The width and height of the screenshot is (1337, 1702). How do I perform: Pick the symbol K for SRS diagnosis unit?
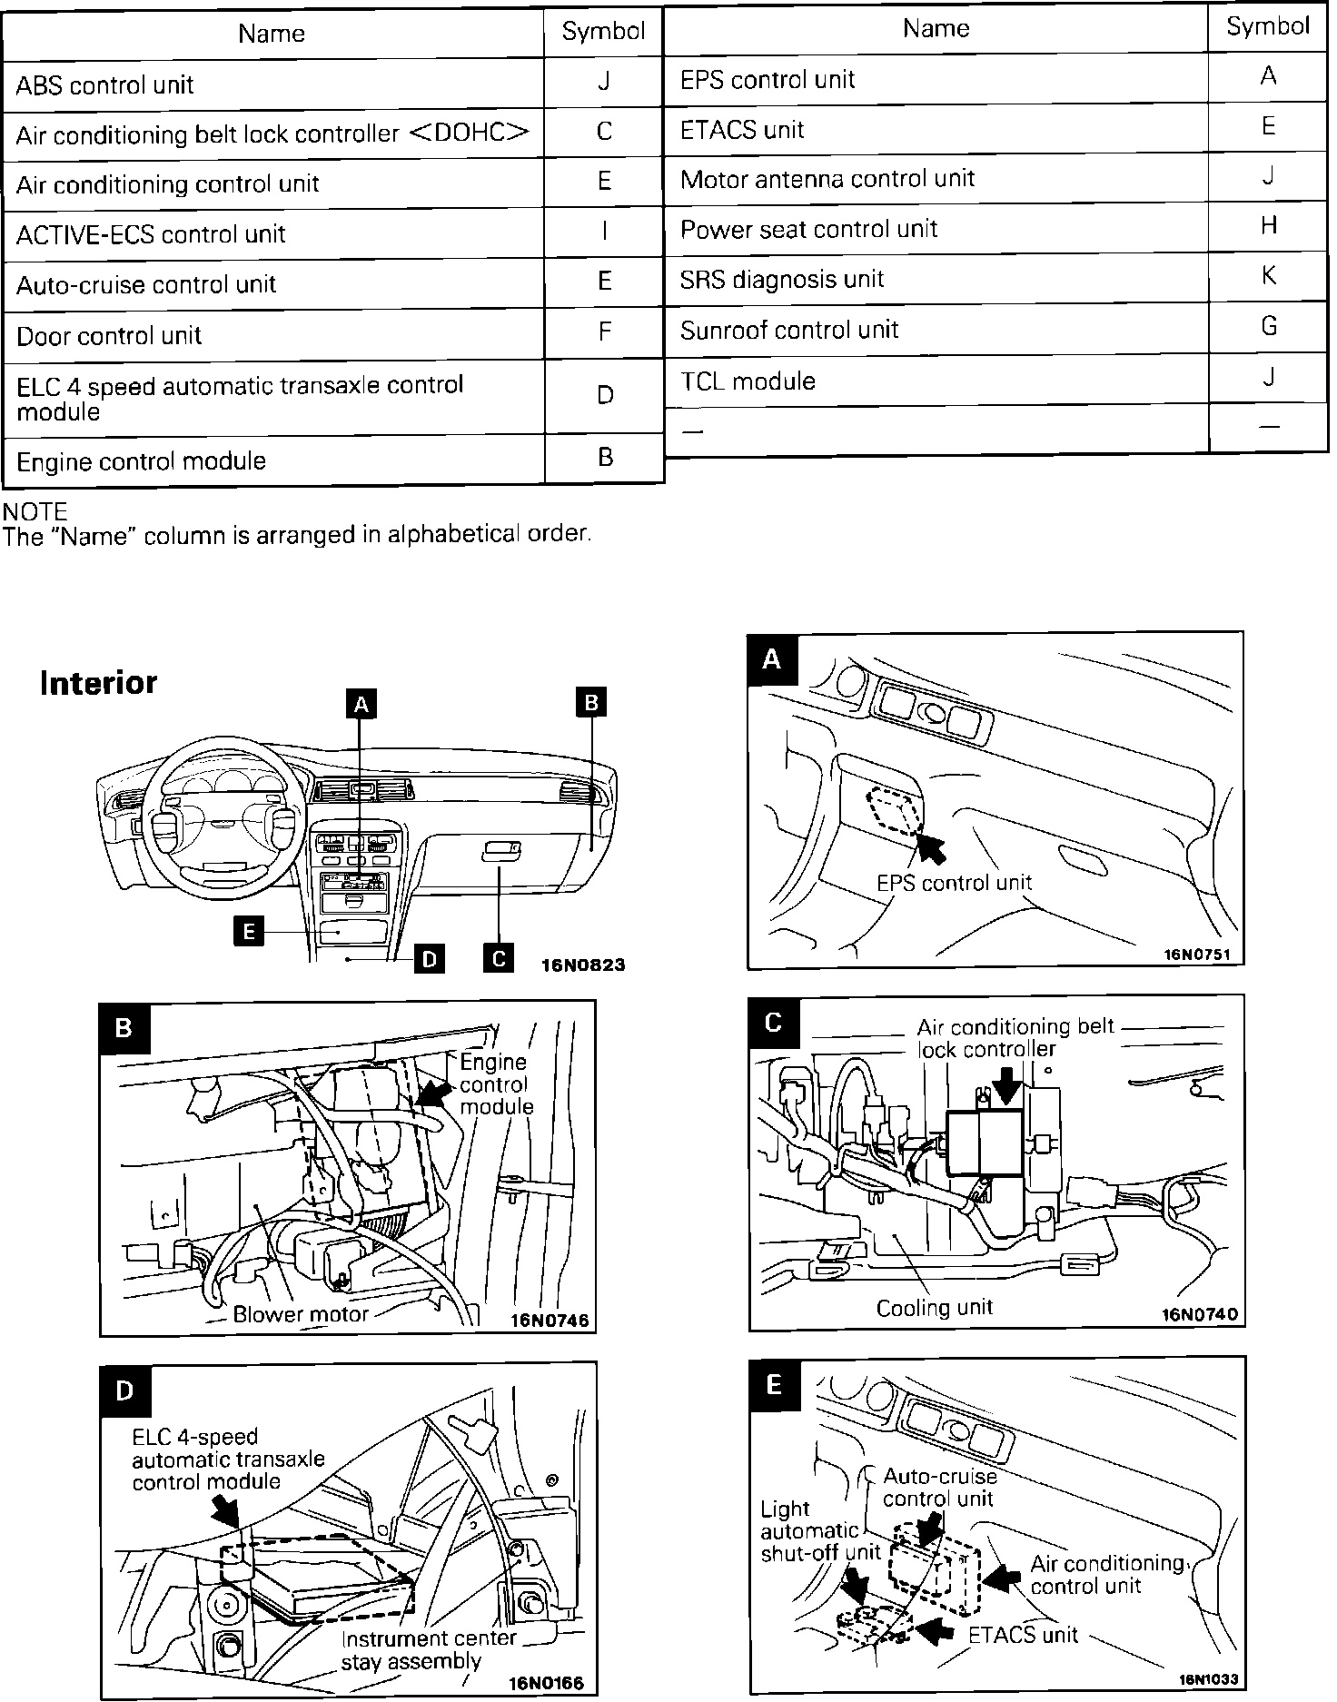click(1268, 275)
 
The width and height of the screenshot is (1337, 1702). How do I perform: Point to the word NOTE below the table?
click(35, 511)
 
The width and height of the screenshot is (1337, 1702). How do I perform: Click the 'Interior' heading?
click(98, 683)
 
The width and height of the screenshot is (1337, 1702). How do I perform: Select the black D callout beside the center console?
click(429, 959)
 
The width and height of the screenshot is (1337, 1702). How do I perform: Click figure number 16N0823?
click(582, 965)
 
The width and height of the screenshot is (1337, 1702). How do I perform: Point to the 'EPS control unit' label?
click(954, 882)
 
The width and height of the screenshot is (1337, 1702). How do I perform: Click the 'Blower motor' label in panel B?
click(301, 1313)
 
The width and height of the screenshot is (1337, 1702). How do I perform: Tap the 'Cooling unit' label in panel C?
click(934, 1308)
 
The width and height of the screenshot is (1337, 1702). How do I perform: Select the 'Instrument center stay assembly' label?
click(428, 1650)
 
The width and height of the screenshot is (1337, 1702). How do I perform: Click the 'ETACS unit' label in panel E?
click(1022, 1635)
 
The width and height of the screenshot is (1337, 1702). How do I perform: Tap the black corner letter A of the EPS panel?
click(772, 658)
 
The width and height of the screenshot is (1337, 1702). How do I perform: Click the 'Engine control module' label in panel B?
click(495, 1084)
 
